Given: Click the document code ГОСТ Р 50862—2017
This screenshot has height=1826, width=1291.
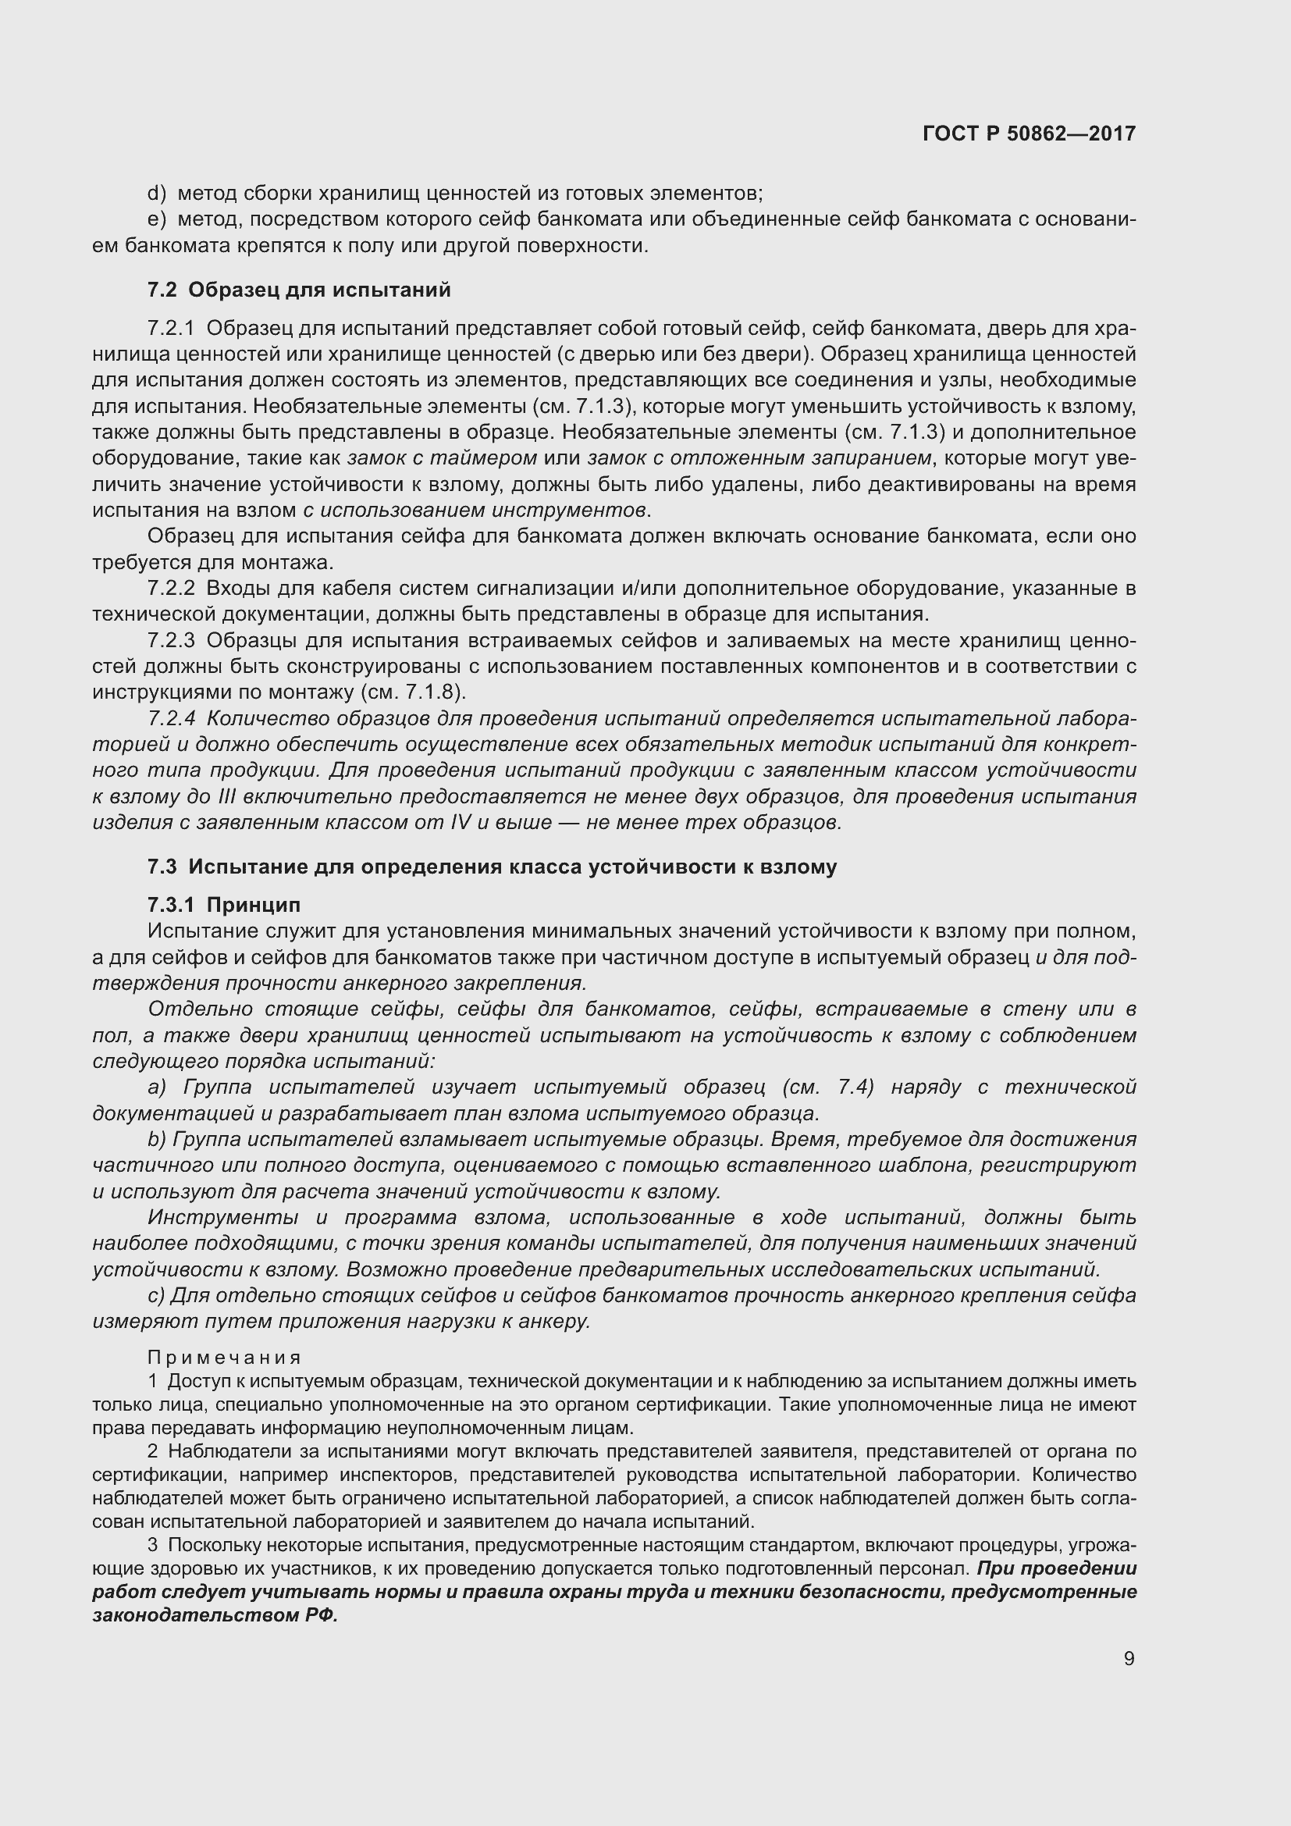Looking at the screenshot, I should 1029,133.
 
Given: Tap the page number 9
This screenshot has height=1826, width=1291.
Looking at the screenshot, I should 1129,1658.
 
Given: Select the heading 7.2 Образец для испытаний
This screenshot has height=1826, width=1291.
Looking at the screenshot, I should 299,290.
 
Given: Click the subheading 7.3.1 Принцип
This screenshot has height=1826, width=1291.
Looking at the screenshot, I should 223,905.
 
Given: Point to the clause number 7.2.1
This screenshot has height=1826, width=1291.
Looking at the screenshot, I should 171,329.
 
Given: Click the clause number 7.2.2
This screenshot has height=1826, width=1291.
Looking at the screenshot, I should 171,589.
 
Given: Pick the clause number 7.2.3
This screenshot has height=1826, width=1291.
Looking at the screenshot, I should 171,640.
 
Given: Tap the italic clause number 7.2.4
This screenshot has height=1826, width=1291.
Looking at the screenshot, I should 171,719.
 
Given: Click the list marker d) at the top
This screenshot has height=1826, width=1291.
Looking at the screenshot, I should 157,194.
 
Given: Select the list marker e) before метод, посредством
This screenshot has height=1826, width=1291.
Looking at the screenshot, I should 157,219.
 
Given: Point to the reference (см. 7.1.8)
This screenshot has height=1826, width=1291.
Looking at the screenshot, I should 413,692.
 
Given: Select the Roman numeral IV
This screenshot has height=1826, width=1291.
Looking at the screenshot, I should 461,822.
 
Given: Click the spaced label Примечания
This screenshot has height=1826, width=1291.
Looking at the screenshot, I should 224,1358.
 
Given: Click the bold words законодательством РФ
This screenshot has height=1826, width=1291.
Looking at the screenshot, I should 215,1616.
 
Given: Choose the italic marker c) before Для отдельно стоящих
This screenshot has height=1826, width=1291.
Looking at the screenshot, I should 156,1296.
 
